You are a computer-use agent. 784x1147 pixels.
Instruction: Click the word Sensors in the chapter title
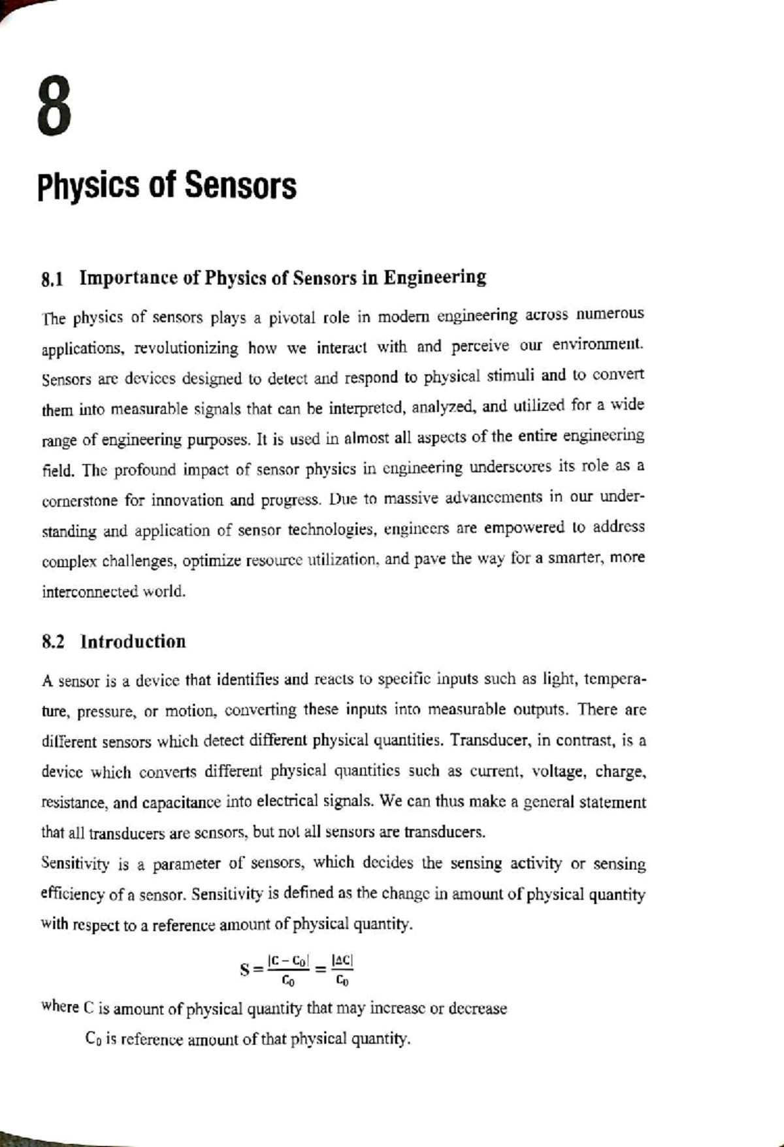[240, 186]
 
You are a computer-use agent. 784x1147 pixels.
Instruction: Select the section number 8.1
[52, 280]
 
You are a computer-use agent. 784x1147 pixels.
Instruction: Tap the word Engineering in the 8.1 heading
[434, 278]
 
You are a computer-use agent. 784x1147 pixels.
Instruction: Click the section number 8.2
[53, 642]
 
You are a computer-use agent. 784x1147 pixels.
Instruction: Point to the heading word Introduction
[133, 642]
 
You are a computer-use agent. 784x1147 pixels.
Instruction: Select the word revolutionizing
[186, 348]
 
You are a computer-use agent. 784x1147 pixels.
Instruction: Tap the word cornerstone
[80, 501]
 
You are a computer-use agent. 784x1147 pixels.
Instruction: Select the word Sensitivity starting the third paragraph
[75, 864]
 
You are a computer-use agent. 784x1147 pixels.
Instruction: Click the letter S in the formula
[245, 969]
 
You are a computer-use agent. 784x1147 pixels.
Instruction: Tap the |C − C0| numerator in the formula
[288, 961]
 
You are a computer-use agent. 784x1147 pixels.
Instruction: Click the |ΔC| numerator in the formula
[342, 960]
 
